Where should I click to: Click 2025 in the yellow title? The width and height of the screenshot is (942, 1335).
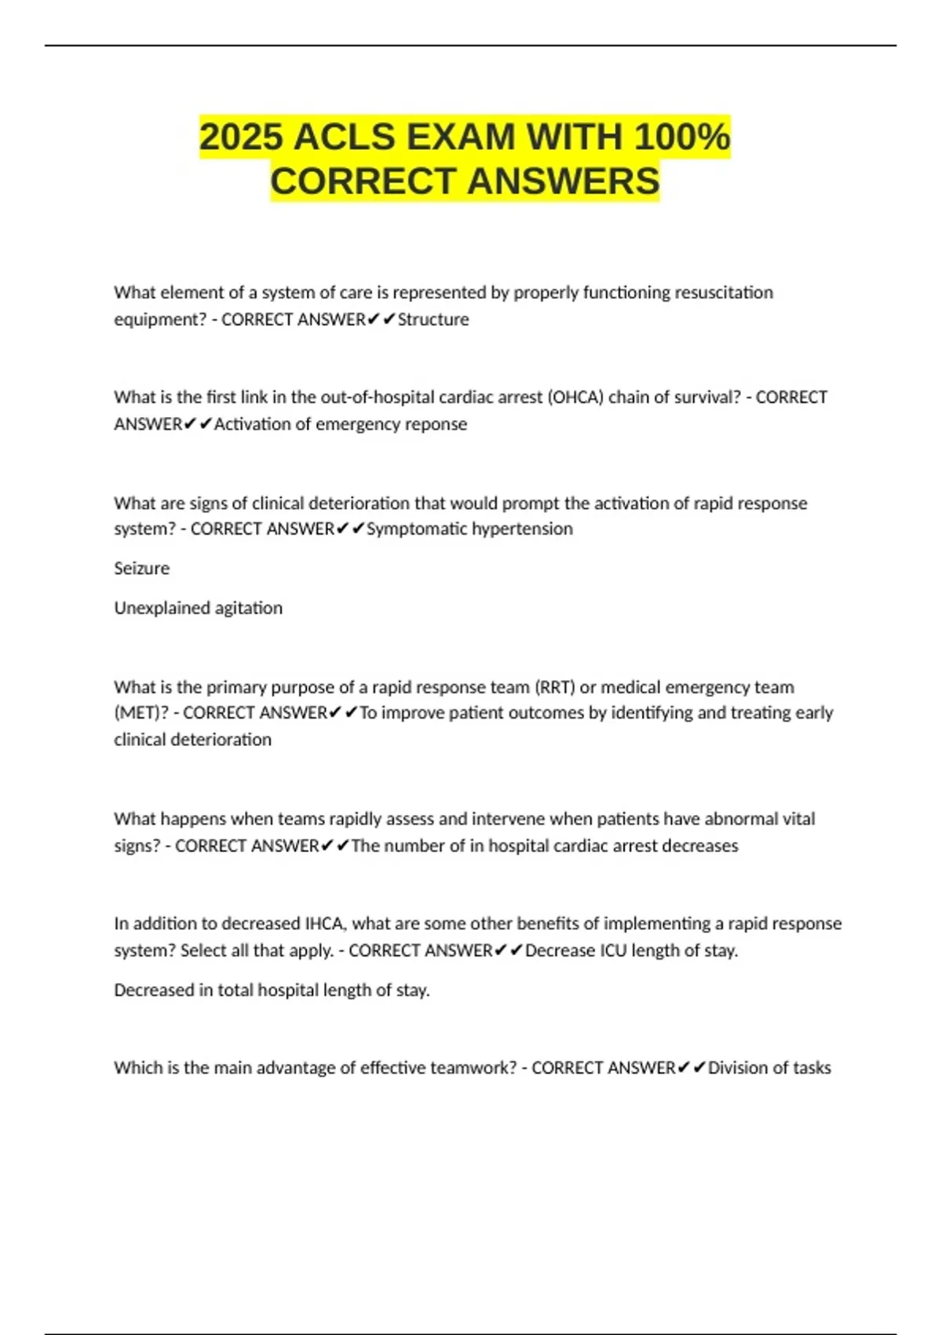[x=241, y=137]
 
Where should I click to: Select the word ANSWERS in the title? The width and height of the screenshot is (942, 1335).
[x=564, y=181]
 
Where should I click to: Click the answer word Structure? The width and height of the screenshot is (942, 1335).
[x=433, y=320]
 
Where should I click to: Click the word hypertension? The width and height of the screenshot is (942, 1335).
[x=525, y=529]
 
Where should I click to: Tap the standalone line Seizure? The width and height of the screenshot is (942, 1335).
[x=141, y=569]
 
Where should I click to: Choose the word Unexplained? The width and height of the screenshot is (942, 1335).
[x=155, y=609]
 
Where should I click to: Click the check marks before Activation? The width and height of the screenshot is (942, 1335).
[x=198, y=424]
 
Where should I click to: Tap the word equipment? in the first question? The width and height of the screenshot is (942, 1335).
[x=160, y=320]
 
